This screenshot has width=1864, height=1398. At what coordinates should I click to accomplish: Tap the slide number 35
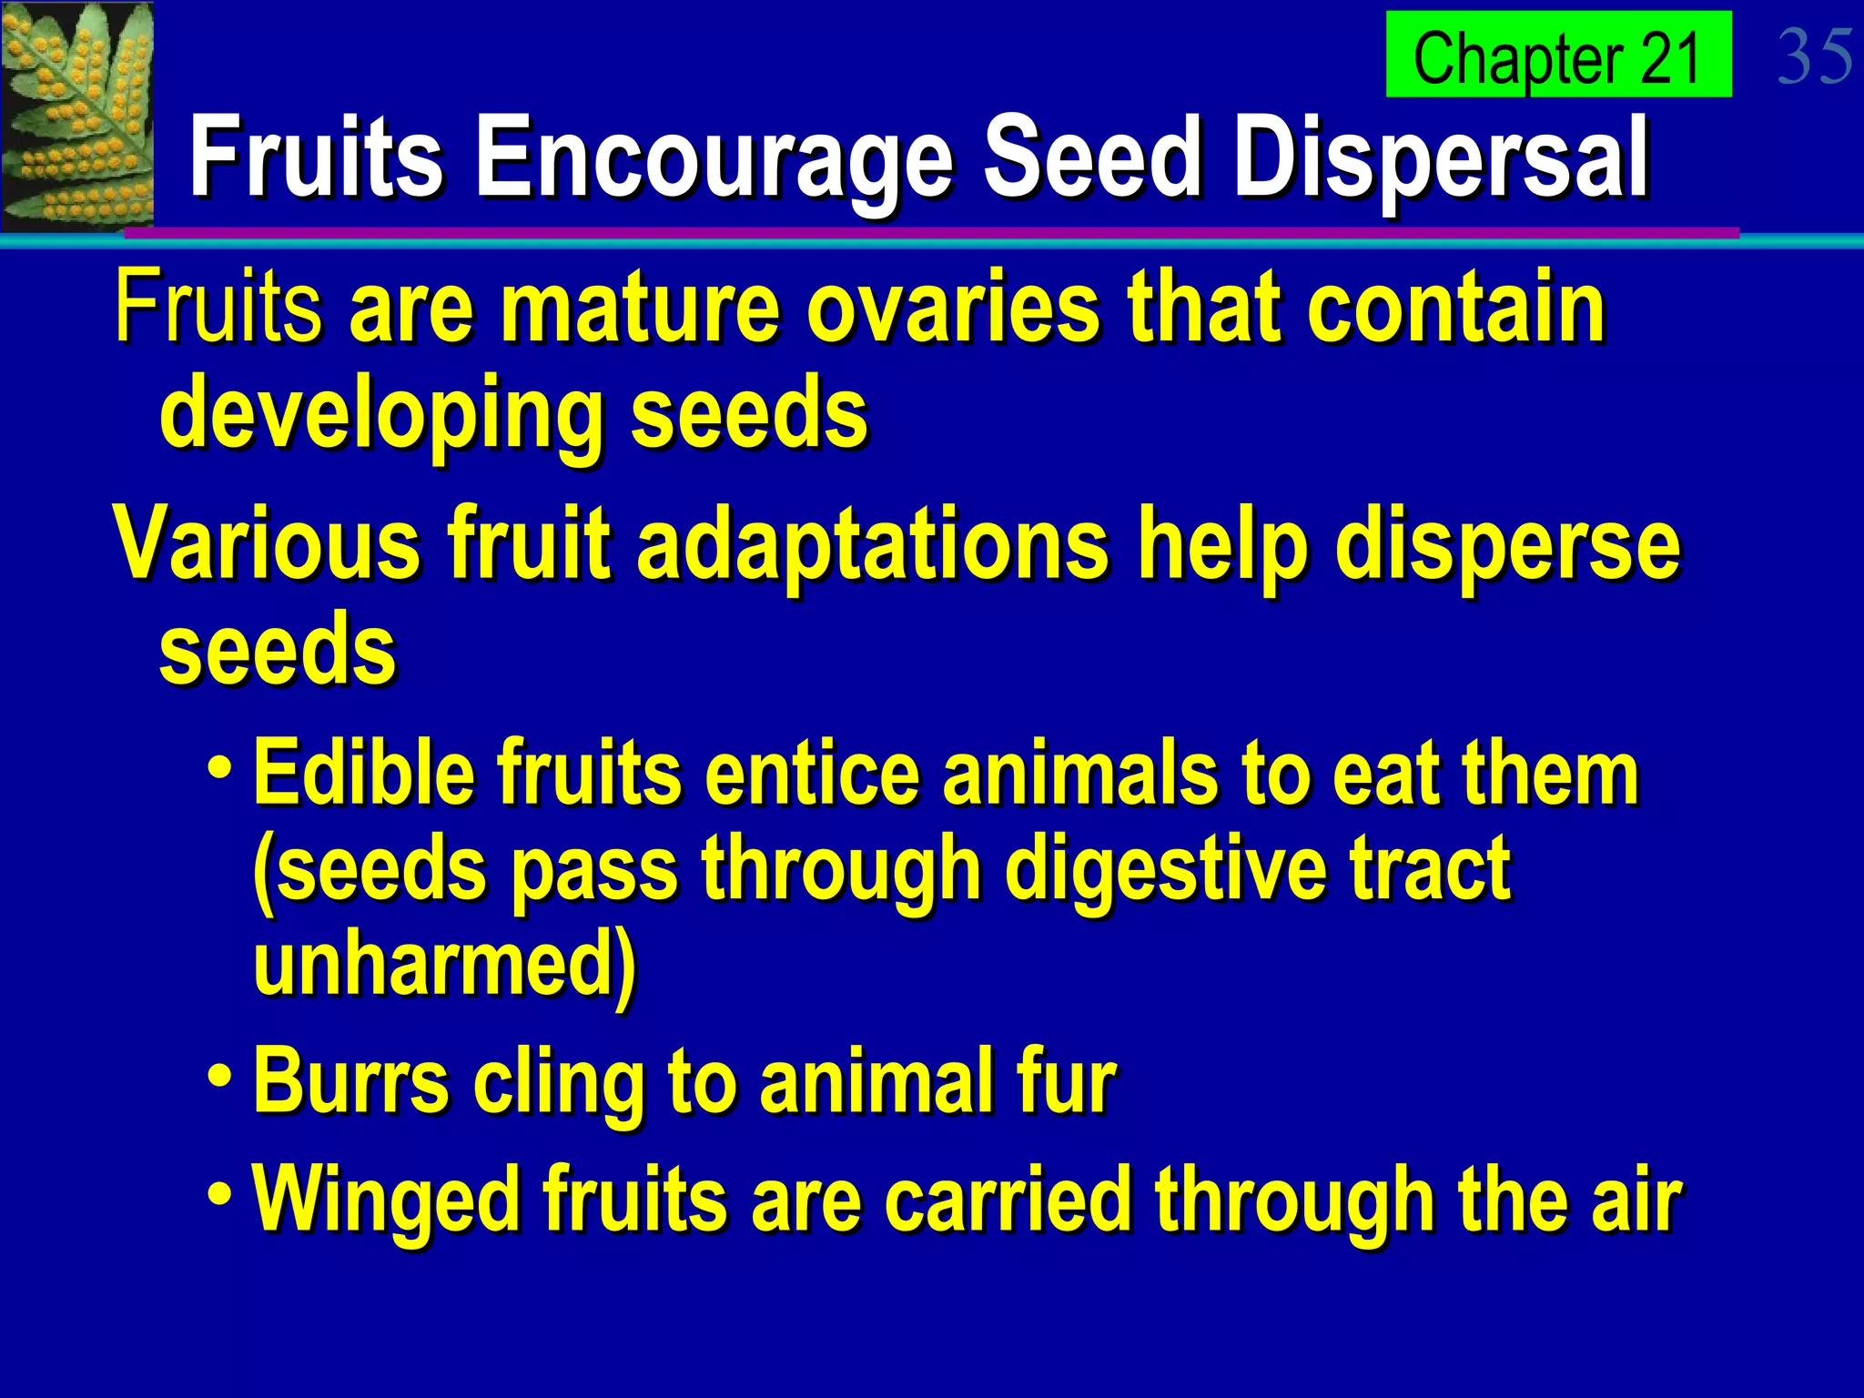pos(1815,56)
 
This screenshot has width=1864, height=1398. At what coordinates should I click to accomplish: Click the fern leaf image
pos(76,116)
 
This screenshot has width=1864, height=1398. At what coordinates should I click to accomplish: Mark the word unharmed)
pos(445,965)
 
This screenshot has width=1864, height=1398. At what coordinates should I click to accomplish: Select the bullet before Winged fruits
pos(219,1191)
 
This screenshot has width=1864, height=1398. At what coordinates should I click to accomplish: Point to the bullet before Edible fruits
pos(219,765)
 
